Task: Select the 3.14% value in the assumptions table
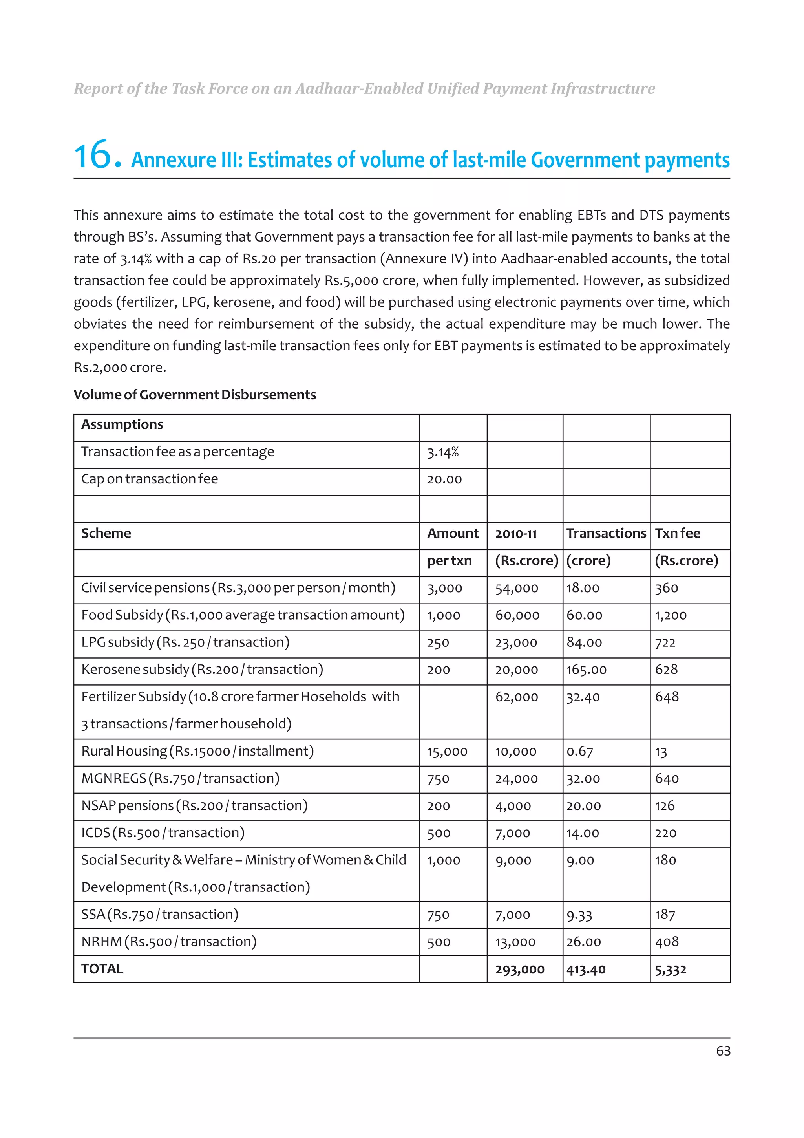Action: [x=443, y=452]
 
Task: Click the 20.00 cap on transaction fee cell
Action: [x=444, y=479]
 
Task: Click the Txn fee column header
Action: [x=677, y=533]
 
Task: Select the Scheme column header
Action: [x=106, y=533]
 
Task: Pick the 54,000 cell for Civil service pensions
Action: [x=516, y=588]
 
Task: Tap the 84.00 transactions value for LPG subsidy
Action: [x=584, y=642]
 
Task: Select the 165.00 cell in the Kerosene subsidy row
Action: [x=586, y=670]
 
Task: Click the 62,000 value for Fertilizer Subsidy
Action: [x=516, y=697]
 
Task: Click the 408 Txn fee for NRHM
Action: [x=666, y=942]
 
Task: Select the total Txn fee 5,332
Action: [x=670, y=970]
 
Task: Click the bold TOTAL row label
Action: [x=102, y=969]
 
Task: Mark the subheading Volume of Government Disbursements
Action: [x=195, y=395]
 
